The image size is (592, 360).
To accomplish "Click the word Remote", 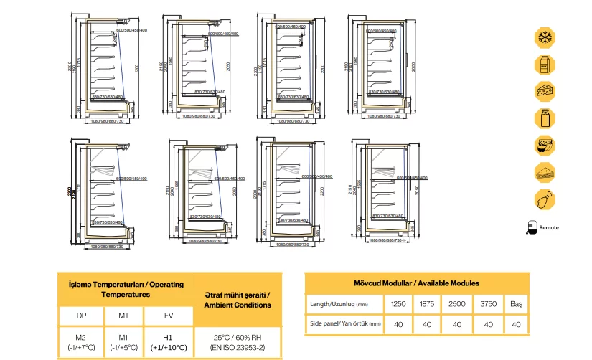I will click(549, 227).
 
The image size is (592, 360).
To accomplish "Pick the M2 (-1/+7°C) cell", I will click(81, 342).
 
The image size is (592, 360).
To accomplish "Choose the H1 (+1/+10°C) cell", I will click(167, 342).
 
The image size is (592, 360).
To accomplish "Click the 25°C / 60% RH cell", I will click(238, 342).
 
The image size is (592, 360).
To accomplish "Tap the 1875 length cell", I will click(426, 303).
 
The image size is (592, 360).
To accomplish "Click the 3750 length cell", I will click(489, 303).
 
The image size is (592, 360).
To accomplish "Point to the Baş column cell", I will click(517, 303).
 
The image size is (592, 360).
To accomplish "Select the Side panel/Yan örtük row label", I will click(342, 324).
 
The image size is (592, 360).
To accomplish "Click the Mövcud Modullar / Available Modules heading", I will click(417, 283).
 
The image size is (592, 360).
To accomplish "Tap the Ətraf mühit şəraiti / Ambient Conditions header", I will click(238, 300).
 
